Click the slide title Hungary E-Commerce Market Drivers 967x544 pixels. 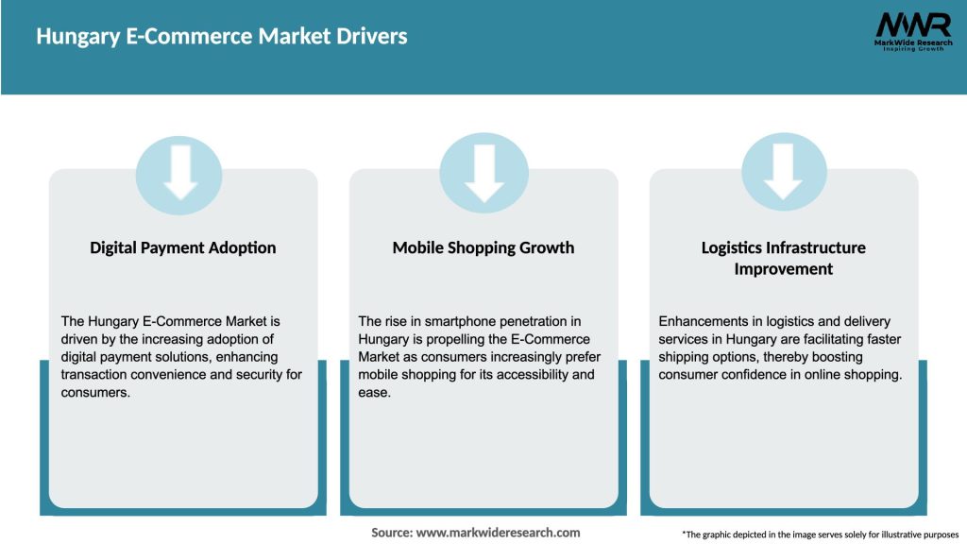pyautogui.click(x=222, y=37)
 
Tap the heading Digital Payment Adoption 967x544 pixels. pyautogui.click(x=183, y=247)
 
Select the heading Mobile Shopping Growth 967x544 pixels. pyautogui.click(x=483, y=247)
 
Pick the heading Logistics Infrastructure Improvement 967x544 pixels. pyautogui.click(x=783, y=258)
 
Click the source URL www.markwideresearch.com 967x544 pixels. pyautogui.click(x=498, y=533)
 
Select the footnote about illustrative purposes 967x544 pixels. pyautogui.click(x=820, y=534)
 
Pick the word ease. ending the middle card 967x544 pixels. pyautogui.click(x=375, y=393)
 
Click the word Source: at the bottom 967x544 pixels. pyautogui.click(x=392, y=533)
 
